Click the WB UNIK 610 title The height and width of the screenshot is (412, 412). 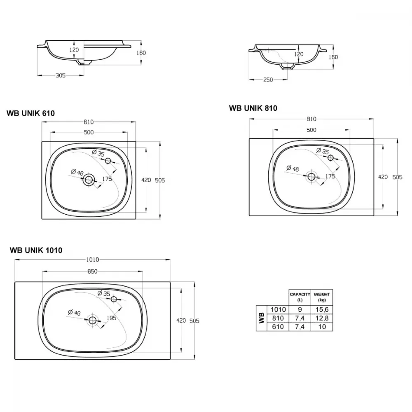[x=31, y=113]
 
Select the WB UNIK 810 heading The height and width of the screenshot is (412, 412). [x=253, y=108]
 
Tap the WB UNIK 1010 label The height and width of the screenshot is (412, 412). [x=36, y=250]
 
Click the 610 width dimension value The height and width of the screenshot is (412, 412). [x=89, y=122]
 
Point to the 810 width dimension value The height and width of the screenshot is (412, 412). [x=311, y=119]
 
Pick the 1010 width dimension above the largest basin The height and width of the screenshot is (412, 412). [x=93, y=260]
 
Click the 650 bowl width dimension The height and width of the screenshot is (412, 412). [x=92, y=271]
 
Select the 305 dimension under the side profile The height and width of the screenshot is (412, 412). [x=61, y=75]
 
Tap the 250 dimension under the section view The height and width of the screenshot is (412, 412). [x=268, y=80]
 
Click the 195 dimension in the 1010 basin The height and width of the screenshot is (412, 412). [x=111, y=318]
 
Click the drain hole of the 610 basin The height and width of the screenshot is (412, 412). [x=89, y=180]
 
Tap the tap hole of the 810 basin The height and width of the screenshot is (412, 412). [x=330, y=158]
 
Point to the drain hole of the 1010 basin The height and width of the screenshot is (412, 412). [x=92, y=320]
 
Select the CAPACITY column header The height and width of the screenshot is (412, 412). [x=300, y=297]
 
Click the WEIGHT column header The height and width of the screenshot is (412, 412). [x=322, y=297]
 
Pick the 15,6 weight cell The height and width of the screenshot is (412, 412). [x=322, y=309]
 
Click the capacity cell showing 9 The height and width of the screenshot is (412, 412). [x=300, y=309]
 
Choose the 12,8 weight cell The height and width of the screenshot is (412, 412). [x=322, y=318]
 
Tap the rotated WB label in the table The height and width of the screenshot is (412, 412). [x=262, y=318]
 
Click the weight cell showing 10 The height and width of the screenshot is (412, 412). [x=322, y=327]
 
